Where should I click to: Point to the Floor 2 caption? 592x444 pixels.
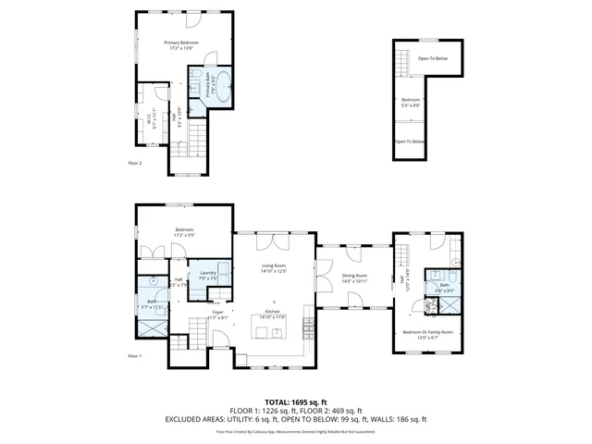click(x=135, y=163)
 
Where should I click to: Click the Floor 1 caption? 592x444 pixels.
click(x=135, y=355)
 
